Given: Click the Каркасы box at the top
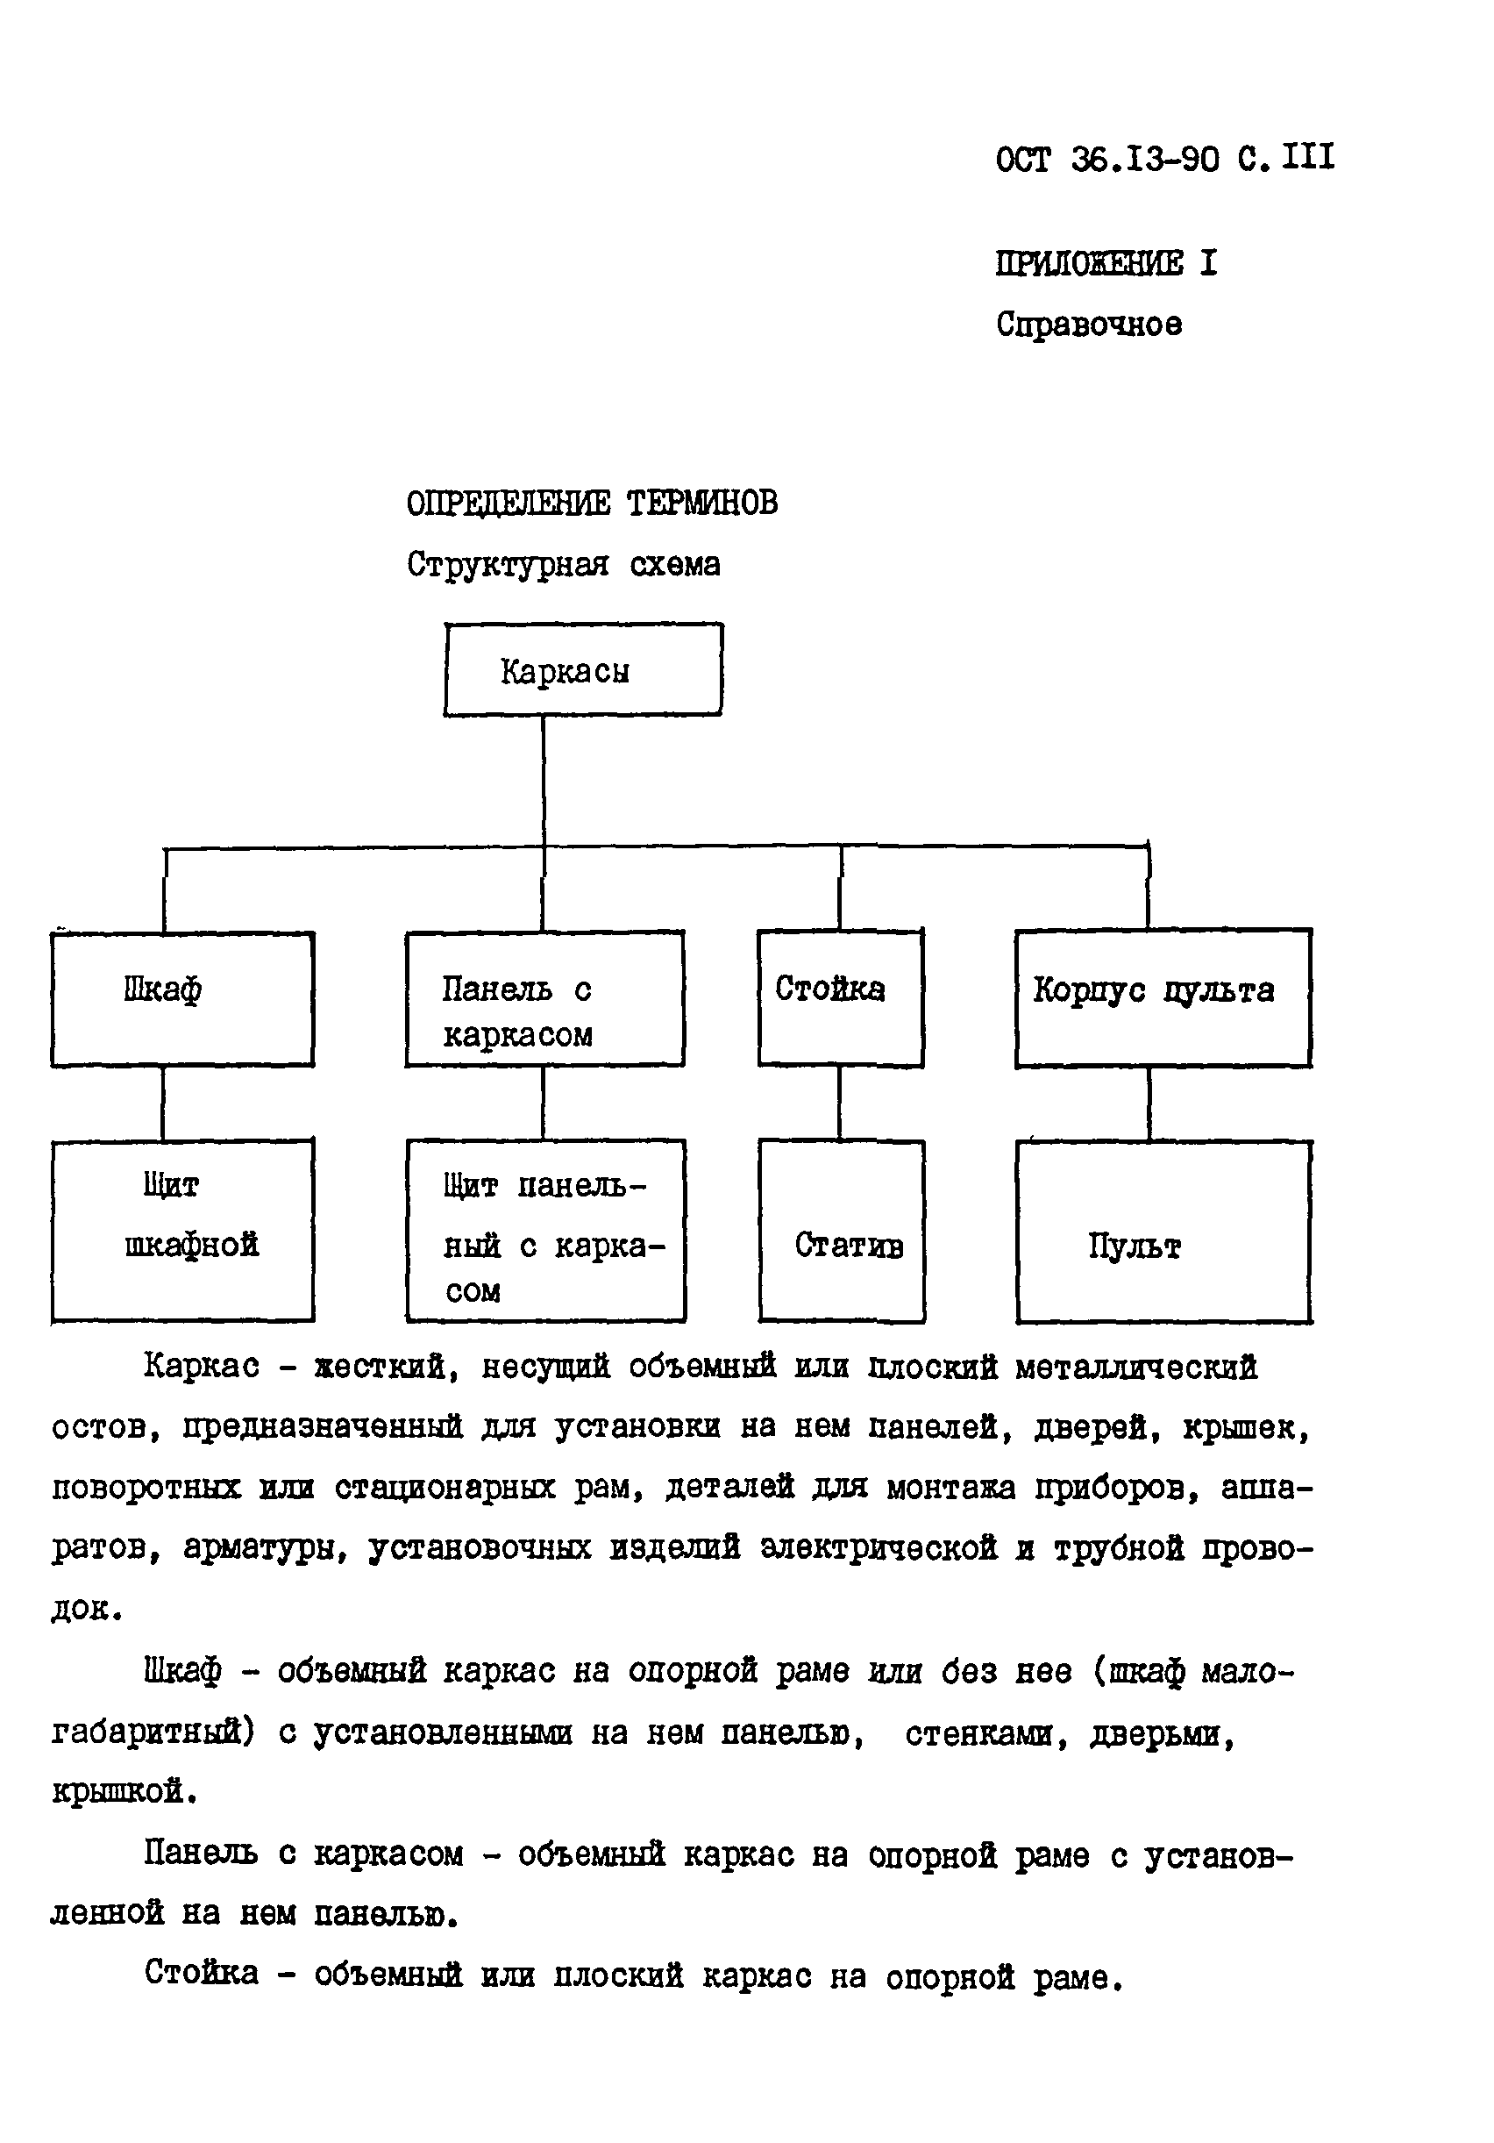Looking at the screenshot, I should point(582,669).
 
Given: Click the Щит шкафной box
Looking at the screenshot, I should point(182,1230).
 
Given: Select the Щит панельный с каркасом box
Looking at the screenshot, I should point(545,1230).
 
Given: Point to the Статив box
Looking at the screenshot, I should point(841,1230).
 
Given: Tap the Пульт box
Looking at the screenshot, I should point(1163,1231).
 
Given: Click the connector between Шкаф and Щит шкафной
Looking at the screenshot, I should point(163,1103).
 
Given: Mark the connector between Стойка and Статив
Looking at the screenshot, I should point(839,1103).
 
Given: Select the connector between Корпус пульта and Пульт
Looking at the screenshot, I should point(1149,1104).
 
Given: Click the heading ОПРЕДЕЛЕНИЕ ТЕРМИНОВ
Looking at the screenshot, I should point(592,504).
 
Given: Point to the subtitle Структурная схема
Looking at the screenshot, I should point(563,565).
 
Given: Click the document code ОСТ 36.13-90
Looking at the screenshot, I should point(1106,160).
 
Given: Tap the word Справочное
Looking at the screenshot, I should point(1088,325).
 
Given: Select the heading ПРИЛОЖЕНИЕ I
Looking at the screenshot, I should point(1106,263).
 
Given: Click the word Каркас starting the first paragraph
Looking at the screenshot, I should point(202,1367).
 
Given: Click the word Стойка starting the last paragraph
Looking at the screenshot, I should point(202,1973).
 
